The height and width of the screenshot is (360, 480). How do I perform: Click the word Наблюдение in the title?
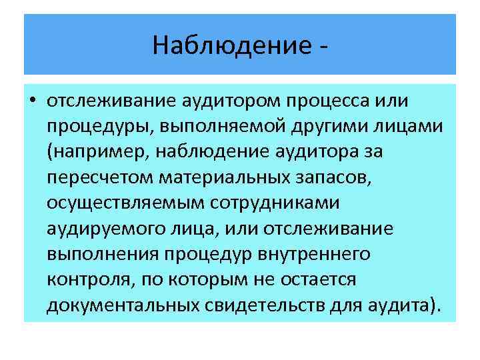click(x=229, y=45)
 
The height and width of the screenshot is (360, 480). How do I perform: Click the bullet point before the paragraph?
click(x=33, y=101)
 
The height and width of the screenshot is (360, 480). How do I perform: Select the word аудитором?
click(x=231, y=101)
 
